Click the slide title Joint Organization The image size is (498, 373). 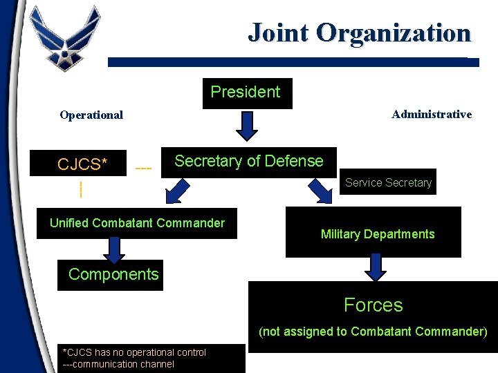click(359, 32)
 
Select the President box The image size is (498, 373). click(247, 93)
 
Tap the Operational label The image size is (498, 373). click(91, 115)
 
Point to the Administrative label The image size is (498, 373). click(432, 115)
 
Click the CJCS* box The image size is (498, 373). click(83, 164)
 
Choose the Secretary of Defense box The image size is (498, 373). click(248, 162)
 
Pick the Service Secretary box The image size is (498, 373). click(388, 182)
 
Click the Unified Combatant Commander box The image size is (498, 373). click(137, 223)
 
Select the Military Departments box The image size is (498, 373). click(377, 233)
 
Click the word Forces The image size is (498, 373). click(373, 305)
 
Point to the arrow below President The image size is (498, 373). click(247, 125)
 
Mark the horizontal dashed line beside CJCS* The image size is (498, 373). click(143, 168)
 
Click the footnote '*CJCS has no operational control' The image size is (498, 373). click(134, 352)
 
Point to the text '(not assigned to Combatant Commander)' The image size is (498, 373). click(373, 332)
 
